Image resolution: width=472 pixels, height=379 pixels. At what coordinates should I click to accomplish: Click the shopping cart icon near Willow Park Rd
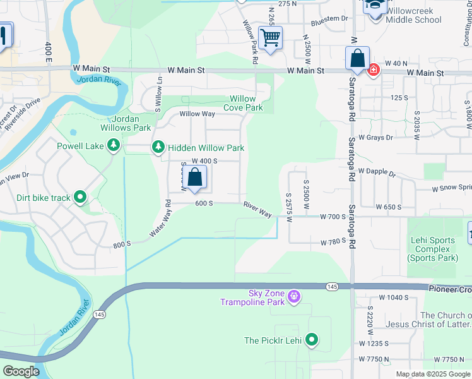click(270, 38)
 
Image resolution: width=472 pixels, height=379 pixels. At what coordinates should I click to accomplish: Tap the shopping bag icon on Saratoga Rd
click(357, 59)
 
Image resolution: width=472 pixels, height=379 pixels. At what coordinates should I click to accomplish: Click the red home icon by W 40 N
click(373, 69)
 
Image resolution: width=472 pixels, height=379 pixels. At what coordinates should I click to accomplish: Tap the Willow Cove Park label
click(243, 103)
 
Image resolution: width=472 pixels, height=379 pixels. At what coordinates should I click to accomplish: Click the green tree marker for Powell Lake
click(114, 146)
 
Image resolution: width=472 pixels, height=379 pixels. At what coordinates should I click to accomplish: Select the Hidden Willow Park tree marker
click(158, 148)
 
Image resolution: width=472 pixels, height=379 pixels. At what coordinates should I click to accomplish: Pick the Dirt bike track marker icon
click(80, 198)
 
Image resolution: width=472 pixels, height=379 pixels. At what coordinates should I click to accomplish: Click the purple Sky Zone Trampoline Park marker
click(293, 296)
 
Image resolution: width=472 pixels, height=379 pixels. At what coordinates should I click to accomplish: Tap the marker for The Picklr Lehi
click(311, 340)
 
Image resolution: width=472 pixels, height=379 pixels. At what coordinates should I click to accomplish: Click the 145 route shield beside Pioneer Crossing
click(331, 287)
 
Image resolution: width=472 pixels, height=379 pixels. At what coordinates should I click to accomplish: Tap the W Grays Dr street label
click(375, 137)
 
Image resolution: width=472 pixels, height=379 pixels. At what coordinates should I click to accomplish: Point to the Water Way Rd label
click(160, 219)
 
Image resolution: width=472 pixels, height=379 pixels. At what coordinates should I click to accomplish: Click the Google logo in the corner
click(21, 371)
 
